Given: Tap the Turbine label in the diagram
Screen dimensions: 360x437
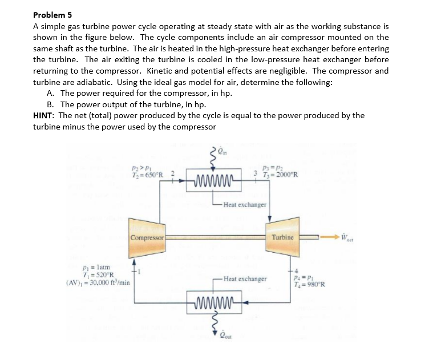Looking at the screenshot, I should [283, 237].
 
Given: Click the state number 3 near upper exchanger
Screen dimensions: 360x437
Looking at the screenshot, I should [256, 173].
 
